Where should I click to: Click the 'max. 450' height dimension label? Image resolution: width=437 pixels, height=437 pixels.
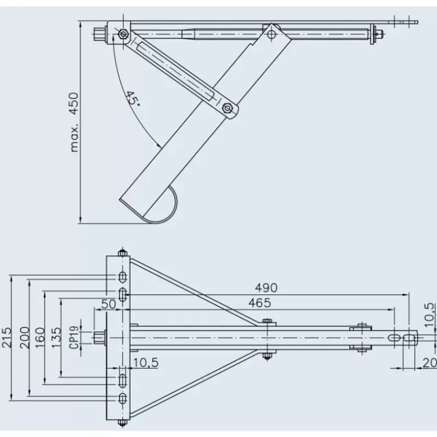pyautogui.click(x=74, y=122)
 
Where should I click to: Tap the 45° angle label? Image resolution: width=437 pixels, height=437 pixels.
pyautogui.click(x=132, y=98)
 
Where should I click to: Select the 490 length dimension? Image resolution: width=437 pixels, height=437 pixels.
pyautogui.click(x=266, y=288)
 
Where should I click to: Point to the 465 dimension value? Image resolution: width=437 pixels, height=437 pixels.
pyautogui.click(x=259, y=303)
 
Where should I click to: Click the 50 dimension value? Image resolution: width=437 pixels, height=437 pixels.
pyautogui.click(x=108, y=304)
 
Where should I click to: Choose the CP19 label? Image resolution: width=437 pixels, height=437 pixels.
pyautogui.click(x=74, y=338)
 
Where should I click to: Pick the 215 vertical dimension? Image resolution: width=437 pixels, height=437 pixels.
pyautogui.click(x=7, y=338)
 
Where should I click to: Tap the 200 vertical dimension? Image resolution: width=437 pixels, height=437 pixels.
pyautogui.click(x=25, y=338)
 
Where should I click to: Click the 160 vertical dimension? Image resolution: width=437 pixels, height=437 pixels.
pyautogui.click(x=40, y=338)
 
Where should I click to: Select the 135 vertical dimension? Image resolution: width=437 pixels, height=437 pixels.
pyautogui.click(x=56, y=338)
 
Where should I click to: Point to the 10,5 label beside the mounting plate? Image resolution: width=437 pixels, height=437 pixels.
pyautogui.click(x=146, y=363)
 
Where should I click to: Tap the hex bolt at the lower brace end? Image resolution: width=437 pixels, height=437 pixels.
pyautogui.click(x=227, y=108)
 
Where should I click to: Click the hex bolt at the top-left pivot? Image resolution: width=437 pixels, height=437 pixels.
pyautogui.click(x=122, y=34)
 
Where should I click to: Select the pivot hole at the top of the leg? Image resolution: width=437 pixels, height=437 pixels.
pyautogui.click(x=271, y=34)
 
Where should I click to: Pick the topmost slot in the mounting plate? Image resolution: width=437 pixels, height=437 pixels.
pyautogui.click(x=122, y=277)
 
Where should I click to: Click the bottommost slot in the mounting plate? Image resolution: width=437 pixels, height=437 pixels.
pyautogui.click(x=122, y=399)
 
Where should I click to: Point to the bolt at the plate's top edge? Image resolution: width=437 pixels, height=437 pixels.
pyautogui.click(x=122, y=253)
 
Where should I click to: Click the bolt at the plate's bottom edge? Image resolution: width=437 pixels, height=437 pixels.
pyautogui.click(x=122, y=422)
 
